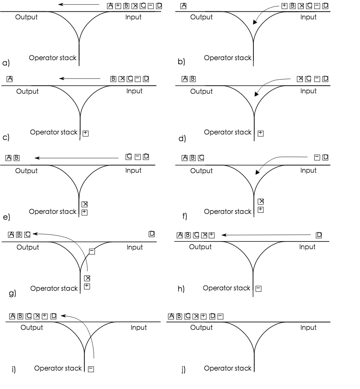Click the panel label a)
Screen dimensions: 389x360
click(x=6, y=63)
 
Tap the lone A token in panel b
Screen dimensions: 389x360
click(x=183, y=6)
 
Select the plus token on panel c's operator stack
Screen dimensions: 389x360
click(x=86, y=133)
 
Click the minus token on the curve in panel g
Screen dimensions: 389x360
click(x=92, y=251)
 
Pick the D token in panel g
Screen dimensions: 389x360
click(x=152, y=234)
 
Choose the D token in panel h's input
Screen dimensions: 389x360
click(x=319, y=235)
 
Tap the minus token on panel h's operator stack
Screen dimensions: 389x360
click(x=258, y=289)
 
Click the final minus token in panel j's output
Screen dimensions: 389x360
click(x=220, y=316)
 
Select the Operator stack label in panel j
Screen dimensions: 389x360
click(x=228, y=368)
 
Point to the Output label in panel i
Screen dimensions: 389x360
click(x=32, y=328)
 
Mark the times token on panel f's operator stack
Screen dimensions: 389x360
click(x=261, y=202)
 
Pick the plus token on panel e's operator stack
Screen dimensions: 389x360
click(x=84, y=213)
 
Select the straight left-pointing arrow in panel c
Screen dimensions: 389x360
click(x=80, y=79)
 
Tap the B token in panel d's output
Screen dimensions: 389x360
click(x=193, y=79)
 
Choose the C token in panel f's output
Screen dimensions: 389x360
click(x=201, y=158)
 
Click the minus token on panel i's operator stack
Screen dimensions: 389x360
click(x=91, y=369)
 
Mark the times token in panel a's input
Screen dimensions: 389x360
click(x=135, y=6)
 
